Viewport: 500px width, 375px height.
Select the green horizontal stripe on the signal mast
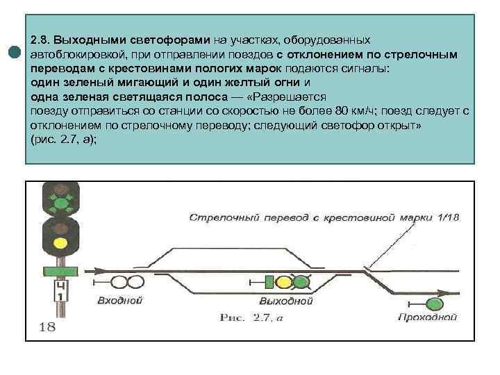pyautogui.click(x=61, y=270)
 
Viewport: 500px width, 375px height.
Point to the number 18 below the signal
pyautogui.click(x=47, y=326)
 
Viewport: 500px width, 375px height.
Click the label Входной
pyautogui.click(x=121, y=301)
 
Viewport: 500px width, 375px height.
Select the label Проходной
pyautogui.click(x=428, y=317)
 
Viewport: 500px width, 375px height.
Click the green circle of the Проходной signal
pyautogui.click(x=435, y=303)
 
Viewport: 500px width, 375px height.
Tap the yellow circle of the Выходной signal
pyautogui.click(x=283, y=282)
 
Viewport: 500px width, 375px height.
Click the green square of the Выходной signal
pyautogui.click(x=269, y=282)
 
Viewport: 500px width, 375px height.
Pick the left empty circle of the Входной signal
pyautogui.click(x=119, y=282)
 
